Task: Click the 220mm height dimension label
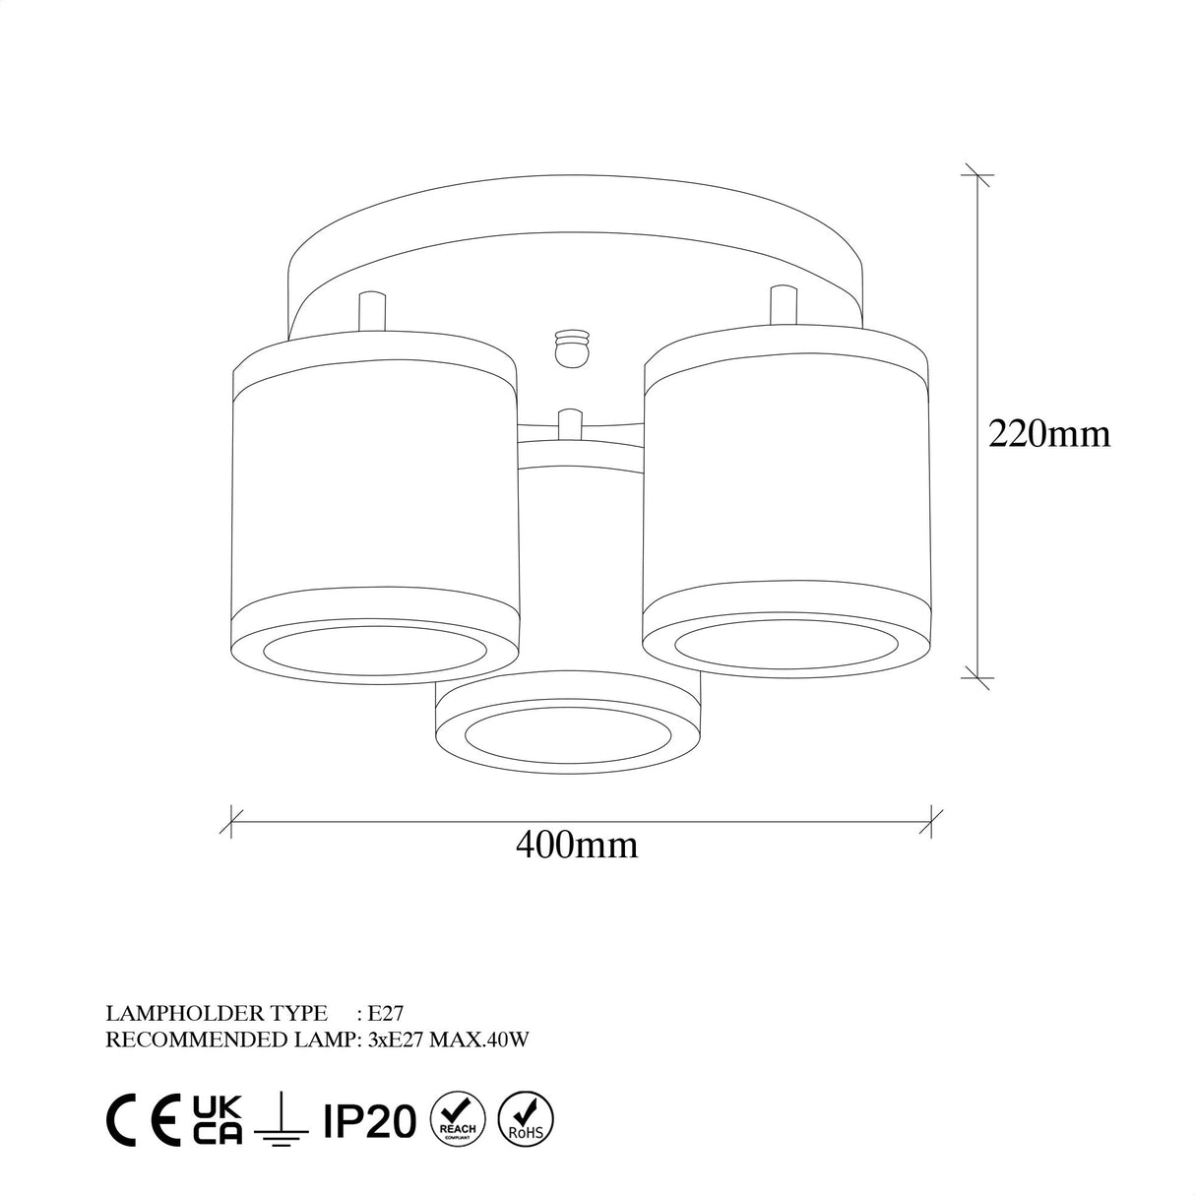coord(1048,433)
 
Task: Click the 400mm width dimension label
coord(578,844)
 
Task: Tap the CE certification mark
coord(144,1120)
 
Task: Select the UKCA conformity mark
coord(218,1120)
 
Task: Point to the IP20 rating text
coord(369,1121)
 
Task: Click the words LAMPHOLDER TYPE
coord(216,1012)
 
